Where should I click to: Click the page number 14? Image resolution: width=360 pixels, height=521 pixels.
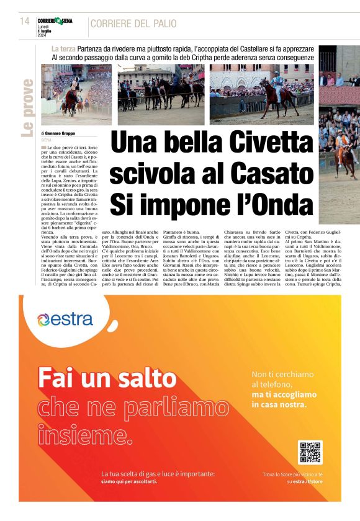click(x=24, y=20)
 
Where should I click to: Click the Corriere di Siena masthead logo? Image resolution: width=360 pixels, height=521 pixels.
click(x=55, y=20)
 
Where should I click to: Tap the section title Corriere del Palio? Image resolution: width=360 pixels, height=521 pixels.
click(x=133, y=24)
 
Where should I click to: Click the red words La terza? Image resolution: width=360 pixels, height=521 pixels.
click(x=64, y=48)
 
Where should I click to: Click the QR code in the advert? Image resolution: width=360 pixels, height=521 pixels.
click(x=310, y=452)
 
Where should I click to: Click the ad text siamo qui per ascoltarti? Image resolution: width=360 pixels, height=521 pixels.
click(x=130, y=481)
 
